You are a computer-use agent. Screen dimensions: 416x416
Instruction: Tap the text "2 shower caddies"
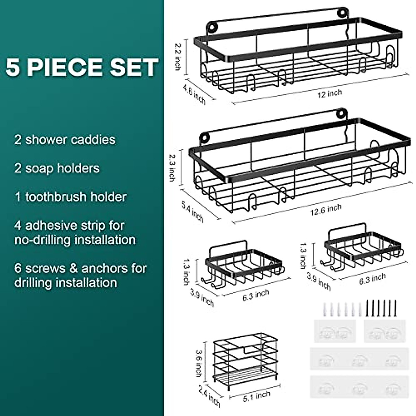[65, 140]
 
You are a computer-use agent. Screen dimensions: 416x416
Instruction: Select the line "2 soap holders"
[57, 168]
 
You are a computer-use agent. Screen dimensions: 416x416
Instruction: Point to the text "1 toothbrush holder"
[70, 197]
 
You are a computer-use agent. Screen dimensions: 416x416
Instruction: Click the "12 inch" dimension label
[329, 93]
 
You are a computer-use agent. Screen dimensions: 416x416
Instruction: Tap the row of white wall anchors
[342, 308]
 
